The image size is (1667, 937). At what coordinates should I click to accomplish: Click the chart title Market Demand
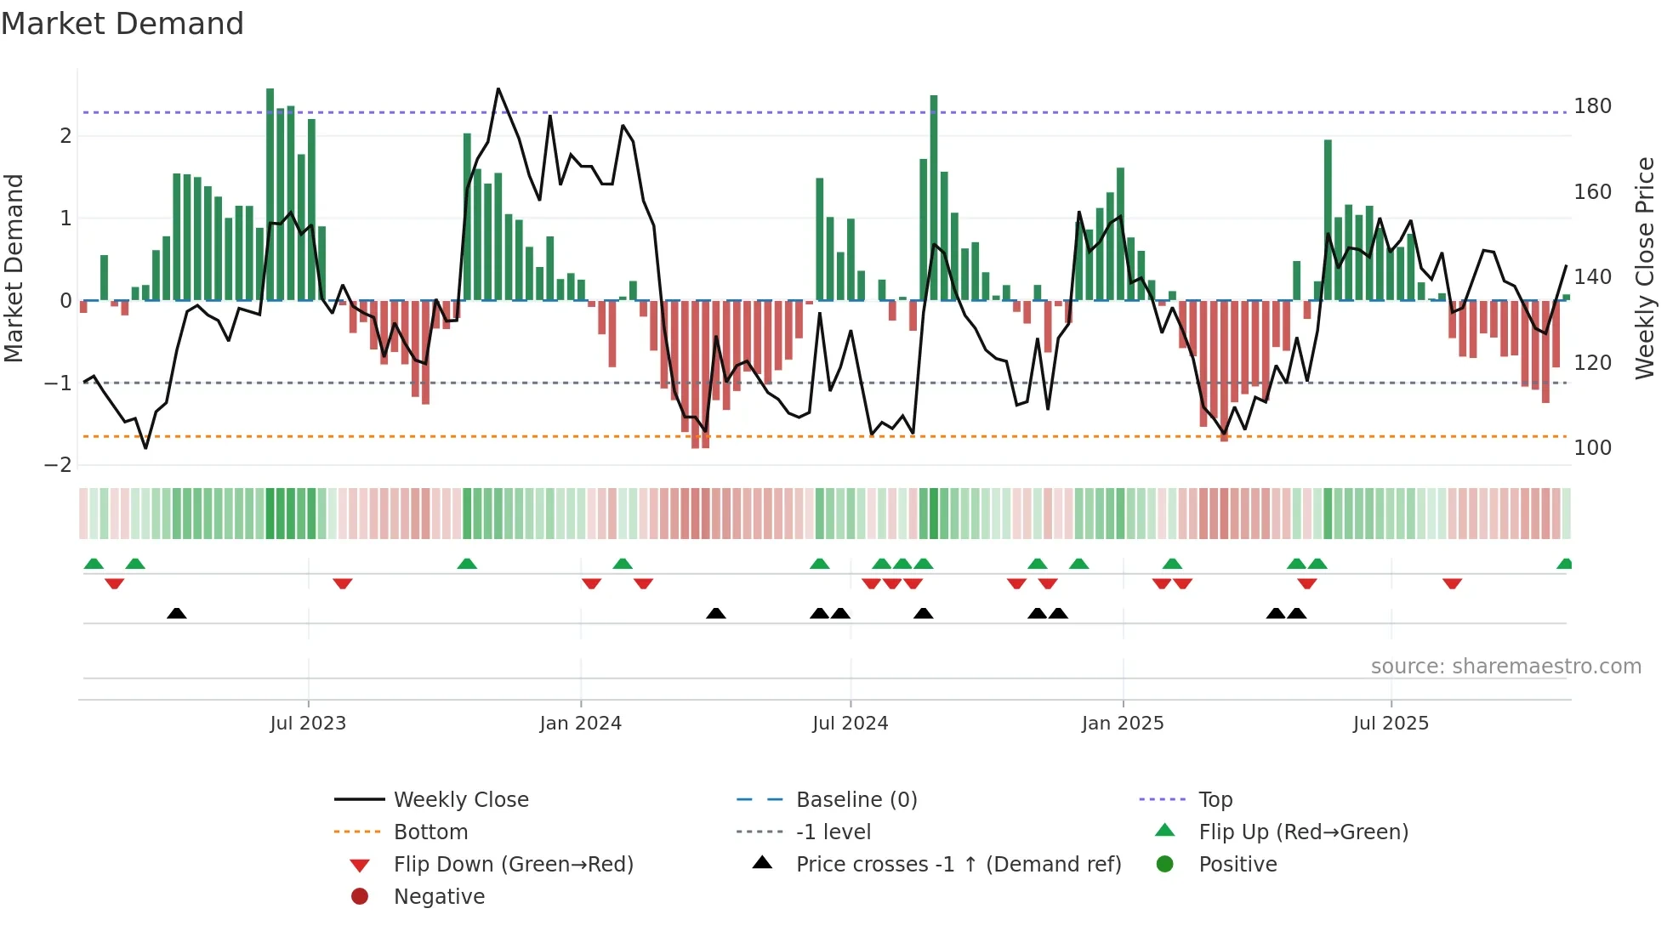(x=122, y=24)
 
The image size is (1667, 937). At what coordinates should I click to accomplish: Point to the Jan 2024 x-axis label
(x=580, y=724)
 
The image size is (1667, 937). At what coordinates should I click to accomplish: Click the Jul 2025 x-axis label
(x=1391, y=724)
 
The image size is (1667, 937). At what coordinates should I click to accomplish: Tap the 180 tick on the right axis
(x=1592, y=106)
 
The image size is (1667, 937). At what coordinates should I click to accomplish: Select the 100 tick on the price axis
(x=1592, y=448)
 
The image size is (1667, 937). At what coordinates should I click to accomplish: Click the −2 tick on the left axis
(x=59, y=465)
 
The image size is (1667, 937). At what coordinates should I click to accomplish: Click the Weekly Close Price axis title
(x=1645, y=268)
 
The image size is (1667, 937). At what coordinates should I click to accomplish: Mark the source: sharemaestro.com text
(x=1505, y=667)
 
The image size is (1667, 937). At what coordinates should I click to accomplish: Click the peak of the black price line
(x=498, y=88)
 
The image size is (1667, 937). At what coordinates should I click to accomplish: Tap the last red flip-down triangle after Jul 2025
(x=1452, y=583)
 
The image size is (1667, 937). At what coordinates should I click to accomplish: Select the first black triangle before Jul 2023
(x=176, y=613)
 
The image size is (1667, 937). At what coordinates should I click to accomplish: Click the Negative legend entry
(x=439, y=897)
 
